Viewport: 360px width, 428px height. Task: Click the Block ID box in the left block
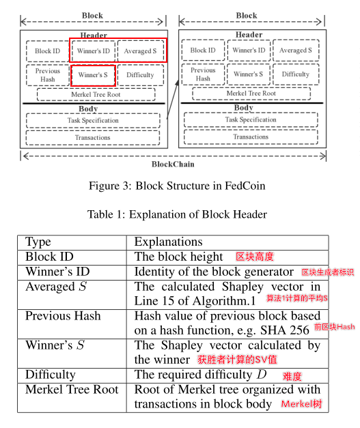pos(48,51)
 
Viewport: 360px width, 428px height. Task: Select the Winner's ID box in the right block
pos(249,51)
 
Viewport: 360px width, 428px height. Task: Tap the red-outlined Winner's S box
pos(93,75)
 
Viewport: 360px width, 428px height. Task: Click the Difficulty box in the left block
pos(141,75)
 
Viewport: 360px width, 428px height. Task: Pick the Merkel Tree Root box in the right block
pos(251,94)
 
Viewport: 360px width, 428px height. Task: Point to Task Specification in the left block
pos(93,121)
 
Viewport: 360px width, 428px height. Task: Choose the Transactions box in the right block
pos(251,137)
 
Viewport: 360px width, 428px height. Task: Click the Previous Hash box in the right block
pos(203,74)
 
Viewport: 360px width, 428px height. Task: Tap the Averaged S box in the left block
pos(141,51)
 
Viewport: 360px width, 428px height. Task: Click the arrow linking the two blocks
pos(173,100)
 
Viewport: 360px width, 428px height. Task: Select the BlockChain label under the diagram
pos(173,165)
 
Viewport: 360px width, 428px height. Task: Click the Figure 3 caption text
pos(177,186)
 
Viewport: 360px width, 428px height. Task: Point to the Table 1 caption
pos(177,214)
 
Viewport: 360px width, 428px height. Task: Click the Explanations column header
pos(169,242)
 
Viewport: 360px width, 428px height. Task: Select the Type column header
pos(38,242)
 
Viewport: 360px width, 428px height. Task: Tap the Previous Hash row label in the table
pos(63,316)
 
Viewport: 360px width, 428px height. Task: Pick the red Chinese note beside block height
pos(255,257)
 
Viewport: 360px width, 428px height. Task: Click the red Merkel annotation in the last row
pos(301,404)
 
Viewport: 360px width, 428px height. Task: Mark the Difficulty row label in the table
pos(51,375)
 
